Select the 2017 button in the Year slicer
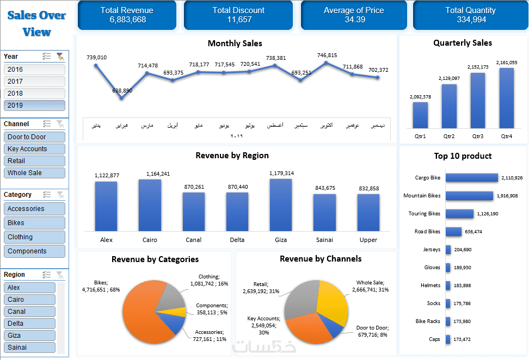(34, 82)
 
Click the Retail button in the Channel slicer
(34, 161)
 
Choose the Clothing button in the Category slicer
(34, 237)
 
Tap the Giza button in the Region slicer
(29, 336)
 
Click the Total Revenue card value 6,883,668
(127, 20)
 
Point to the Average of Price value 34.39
(354, 20)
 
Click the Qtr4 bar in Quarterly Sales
(506, 98)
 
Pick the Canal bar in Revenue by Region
(193, 212)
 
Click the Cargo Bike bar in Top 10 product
(471, 178)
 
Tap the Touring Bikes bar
(459, 214)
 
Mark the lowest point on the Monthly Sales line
(121, 98)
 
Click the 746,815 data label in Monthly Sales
(327, 55)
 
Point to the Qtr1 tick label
(420, 136)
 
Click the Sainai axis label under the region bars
(324, 240)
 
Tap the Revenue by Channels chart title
(321, 259)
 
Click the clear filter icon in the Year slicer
(60, 57)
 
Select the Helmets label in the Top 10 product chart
(430, 285)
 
